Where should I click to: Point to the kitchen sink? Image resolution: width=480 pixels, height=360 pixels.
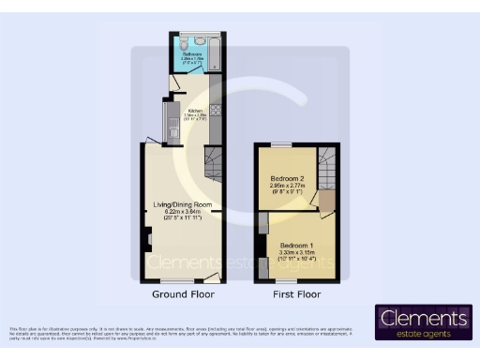173,122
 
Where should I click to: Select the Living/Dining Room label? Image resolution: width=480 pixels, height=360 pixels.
183,204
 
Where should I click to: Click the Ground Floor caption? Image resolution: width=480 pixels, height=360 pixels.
183,293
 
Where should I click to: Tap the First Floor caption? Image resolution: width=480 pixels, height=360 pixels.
293,293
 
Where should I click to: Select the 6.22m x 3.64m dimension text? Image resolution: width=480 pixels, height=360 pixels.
183,213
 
